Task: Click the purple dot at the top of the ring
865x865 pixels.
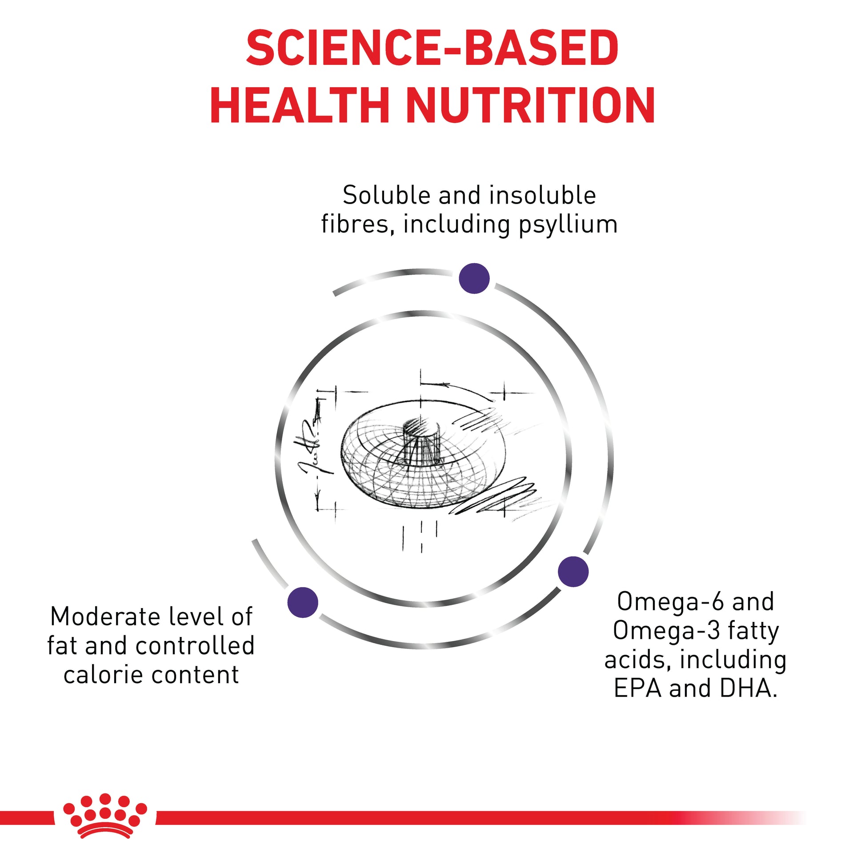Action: point(474,279)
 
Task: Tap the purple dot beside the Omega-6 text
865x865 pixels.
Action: point(573,571)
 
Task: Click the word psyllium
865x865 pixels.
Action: point(568,225)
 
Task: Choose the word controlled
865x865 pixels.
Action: point(195,645)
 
